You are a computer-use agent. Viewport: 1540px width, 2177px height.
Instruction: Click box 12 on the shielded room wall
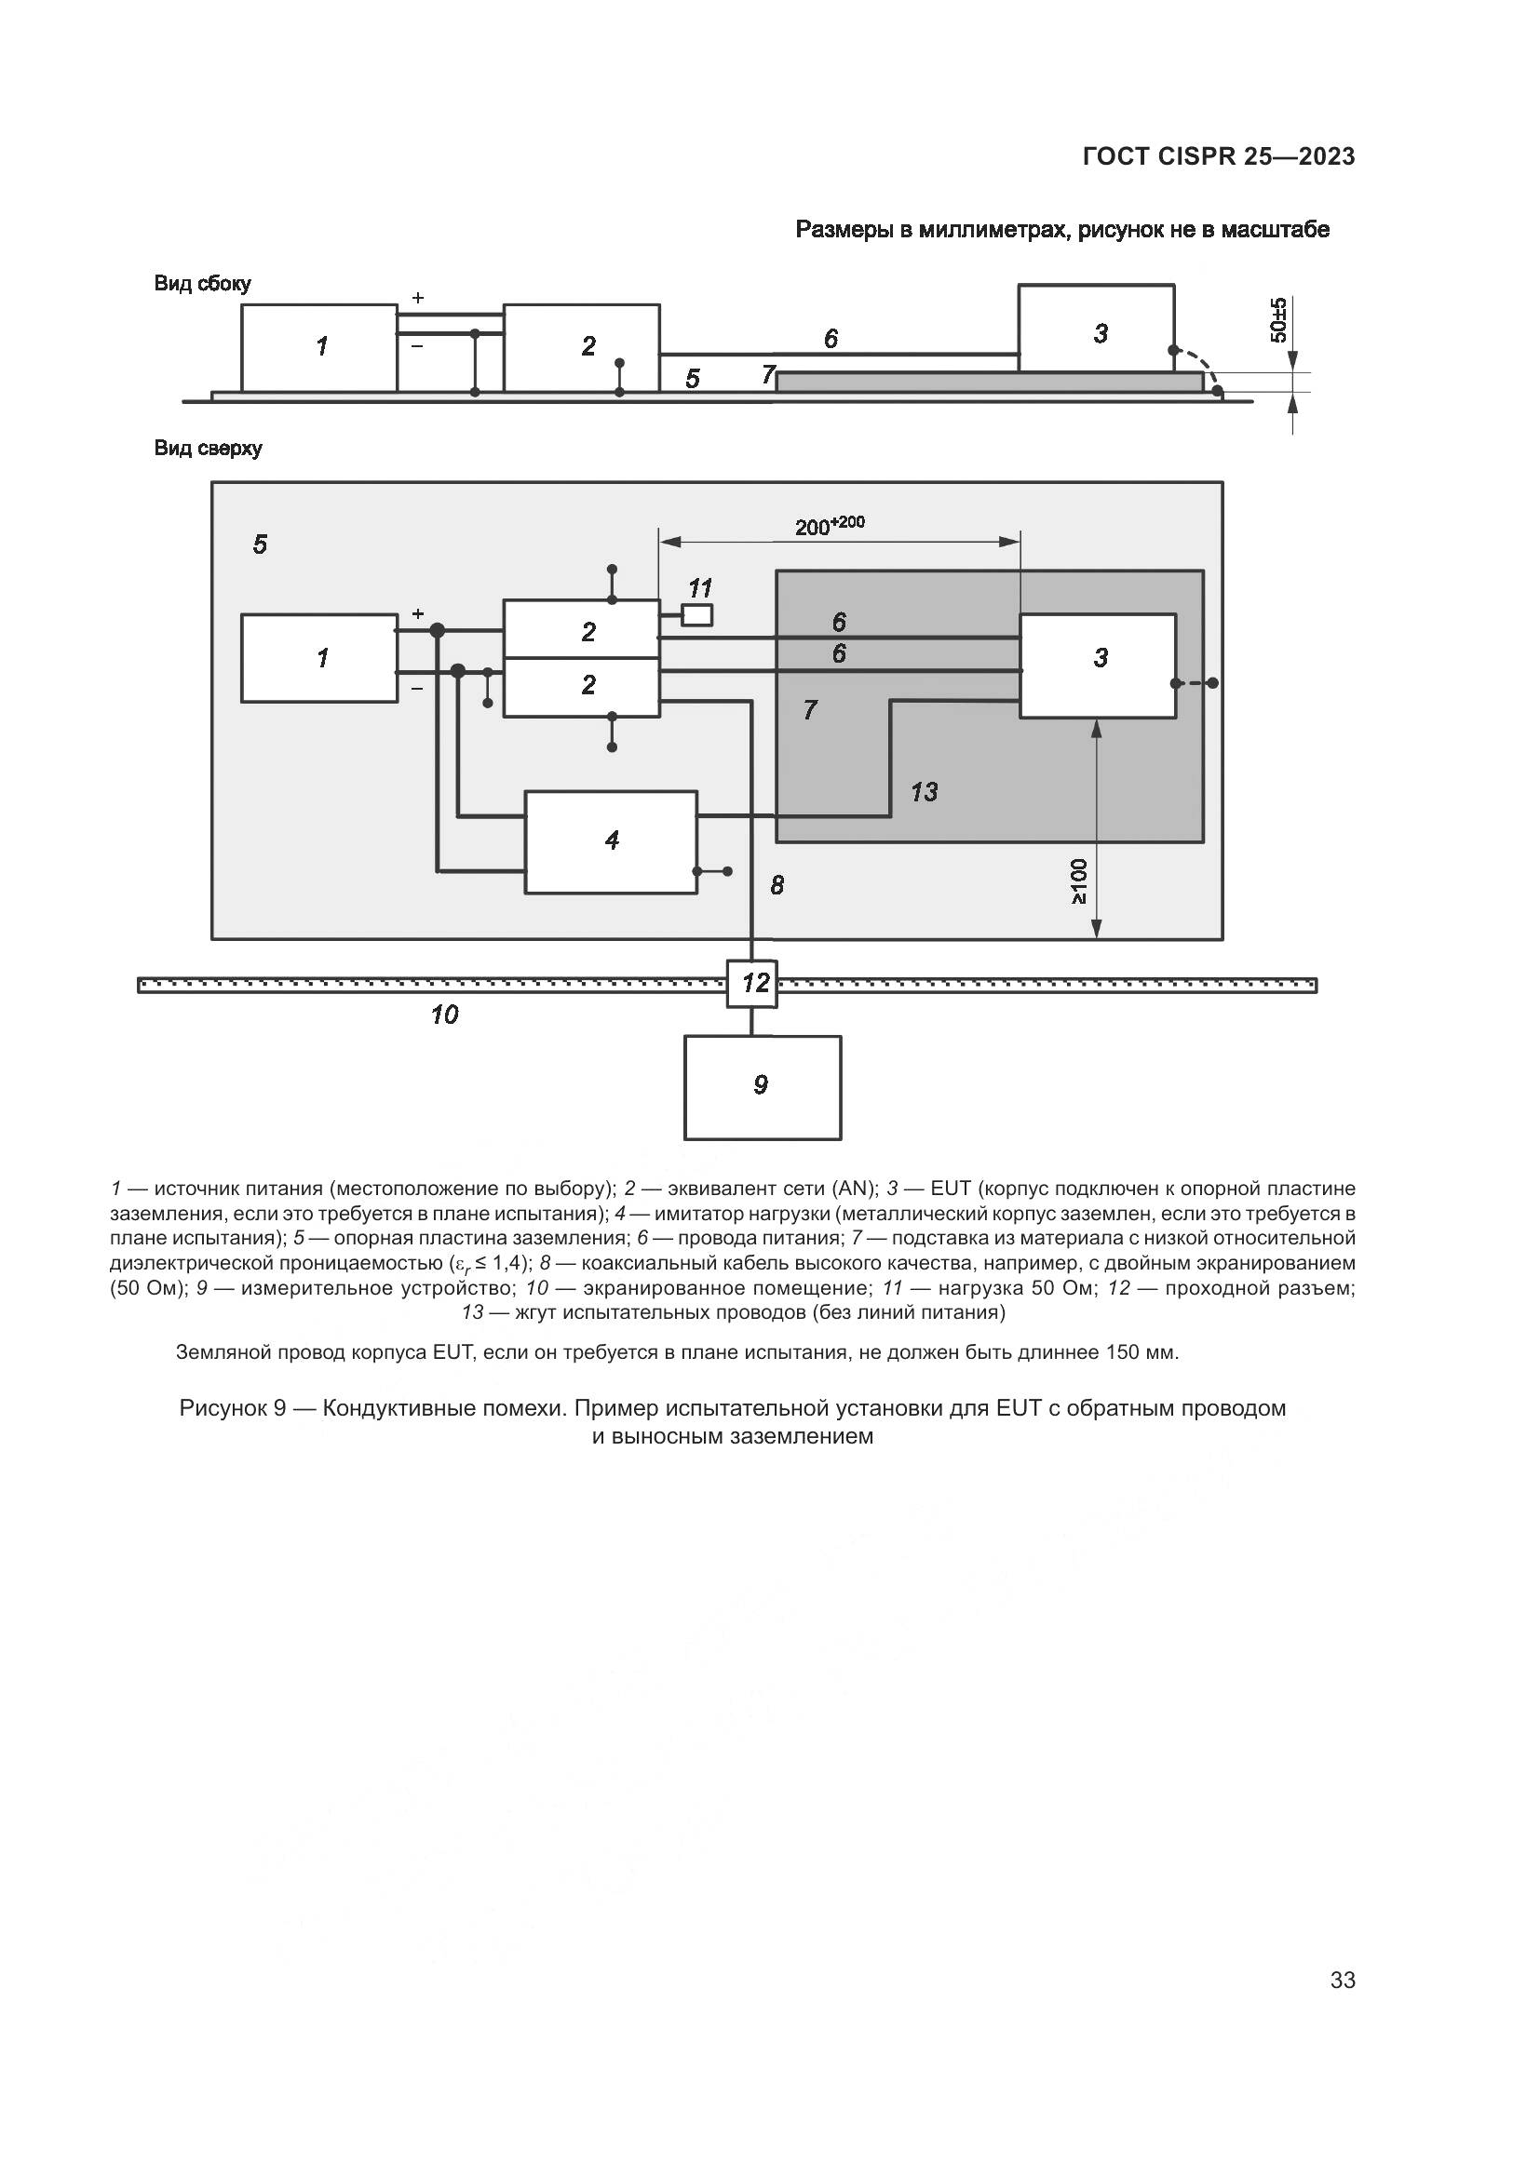point(752,983)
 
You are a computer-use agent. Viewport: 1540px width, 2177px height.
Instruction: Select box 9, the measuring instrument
point(763,1086)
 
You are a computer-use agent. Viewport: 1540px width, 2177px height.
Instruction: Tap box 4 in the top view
point(611,841)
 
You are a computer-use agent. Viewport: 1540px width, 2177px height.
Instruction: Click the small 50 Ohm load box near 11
point(698,614)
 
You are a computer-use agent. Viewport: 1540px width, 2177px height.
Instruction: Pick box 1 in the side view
point(318,347)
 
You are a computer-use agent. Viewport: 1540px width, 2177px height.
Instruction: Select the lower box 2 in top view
point(580,687)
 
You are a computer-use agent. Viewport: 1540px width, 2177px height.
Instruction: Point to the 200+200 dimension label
point(830,525)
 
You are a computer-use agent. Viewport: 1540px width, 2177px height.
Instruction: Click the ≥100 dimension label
point(1078,880)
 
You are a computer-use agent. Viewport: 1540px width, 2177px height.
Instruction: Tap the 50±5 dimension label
point(1279,319)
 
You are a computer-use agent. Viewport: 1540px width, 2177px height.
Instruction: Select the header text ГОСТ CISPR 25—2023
point(1218,156)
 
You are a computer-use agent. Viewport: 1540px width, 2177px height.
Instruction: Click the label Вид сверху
point(208,449)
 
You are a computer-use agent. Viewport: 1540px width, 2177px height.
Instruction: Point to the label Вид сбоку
point(202,284)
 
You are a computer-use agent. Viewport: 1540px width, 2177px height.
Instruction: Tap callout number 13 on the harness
point(924,792)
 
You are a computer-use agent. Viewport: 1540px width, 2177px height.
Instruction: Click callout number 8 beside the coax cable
point(777,884)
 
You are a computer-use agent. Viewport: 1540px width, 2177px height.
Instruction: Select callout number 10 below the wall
point(444,1015)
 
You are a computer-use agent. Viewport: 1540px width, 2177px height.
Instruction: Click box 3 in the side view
point(1096,328)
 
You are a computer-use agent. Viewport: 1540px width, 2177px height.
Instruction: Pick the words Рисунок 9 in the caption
point(233,1408)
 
